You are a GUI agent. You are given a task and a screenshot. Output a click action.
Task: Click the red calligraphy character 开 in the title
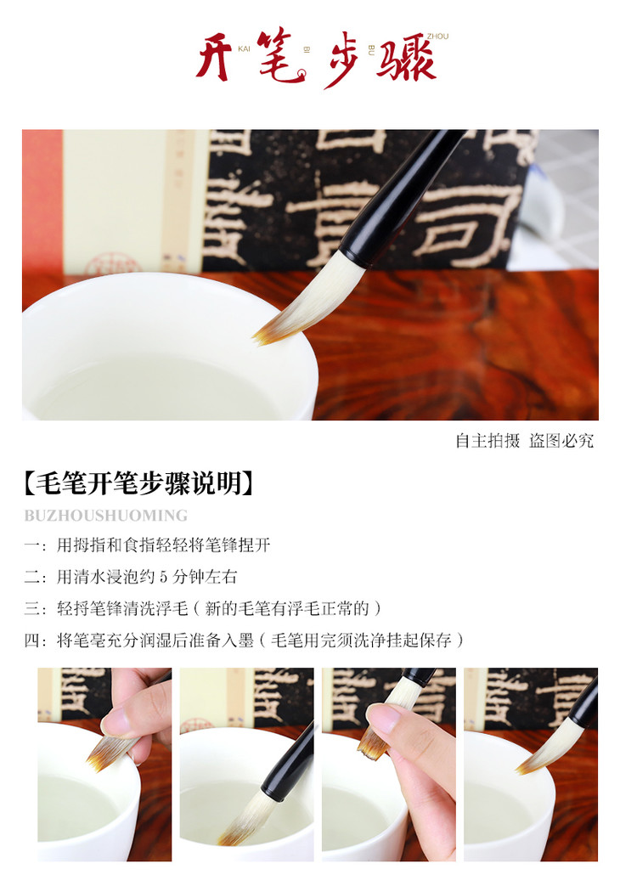click(x=214, y=57)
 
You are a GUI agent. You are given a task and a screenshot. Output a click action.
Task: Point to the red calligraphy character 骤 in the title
click(x=406, y=59)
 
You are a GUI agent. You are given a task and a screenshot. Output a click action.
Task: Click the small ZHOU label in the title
click(x=437, y=37)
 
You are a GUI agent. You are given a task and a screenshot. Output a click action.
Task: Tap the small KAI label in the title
click(x=244, y=48)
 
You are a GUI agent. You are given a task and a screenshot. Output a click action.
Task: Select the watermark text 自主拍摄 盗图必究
click(x=525, y=441)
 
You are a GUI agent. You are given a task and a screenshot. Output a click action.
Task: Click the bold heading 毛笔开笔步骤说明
click(x=138, y=483)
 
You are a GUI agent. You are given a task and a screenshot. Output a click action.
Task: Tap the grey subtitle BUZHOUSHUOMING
click(x=105, y=516)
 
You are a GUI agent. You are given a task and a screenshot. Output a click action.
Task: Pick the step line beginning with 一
click(x=147, y=545)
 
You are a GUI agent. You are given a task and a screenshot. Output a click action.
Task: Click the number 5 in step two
click(x=163, y=577)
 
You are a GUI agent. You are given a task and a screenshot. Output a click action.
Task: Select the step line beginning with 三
click(x=203, y=608)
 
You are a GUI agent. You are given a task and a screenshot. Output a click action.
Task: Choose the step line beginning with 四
click(x=244, y=641)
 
